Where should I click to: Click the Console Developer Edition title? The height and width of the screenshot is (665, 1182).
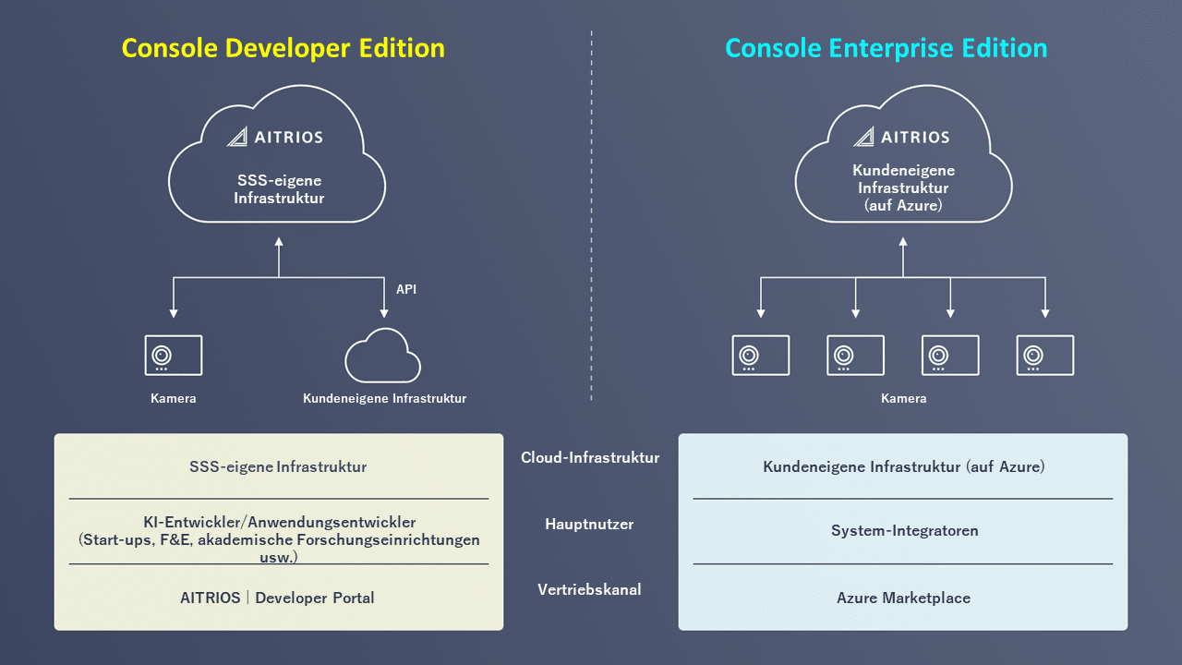pos(283,48)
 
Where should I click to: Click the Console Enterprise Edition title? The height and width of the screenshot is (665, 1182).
pos(886,48)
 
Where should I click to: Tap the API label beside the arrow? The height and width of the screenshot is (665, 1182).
pos(406,289)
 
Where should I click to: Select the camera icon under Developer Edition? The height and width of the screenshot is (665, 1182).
pos(174,356)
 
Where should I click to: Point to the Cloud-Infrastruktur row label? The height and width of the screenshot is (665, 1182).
pos(590,457)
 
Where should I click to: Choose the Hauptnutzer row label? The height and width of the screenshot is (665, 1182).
pos(589,524)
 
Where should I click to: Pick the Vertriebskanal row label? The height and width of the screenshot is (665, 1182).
pos(589,589)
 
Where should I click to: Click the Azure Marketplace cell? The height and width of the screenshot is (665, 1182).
pos(903,598)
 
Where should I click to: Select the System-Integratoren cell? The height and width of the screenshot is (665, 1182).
pos(904,531)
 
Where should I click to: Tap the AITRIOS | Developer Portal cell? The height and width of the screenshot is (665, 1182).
pos(278,598)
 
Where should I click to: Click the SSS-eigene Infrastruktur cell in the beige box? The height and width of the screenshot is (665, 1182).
pos(278,466)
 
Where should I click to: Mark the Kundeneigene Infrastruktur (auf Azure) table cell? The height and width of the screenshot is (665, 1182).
pos(903,466)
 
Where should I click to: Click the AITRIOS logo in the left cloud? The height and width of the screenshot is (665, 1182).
pos(275,137)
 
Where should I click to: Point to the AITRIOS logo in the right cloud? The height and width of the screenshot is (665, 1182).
pos(901,137)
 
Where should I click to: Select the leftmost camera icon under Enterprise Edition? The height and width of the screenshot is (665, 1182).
pos(761,356)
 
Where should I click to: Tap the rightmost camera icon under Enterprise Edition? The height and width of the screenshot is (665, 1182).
pos(1045,356)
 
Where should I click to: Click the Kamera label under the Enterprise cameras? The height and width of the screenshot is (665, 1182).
pos(903,399)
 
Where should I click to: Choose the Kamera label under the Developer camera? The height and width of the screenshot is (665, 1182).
pos(174,399)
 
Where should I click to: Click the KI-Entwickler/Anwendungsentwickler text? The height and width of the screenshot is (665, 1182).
pos(278,522)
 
